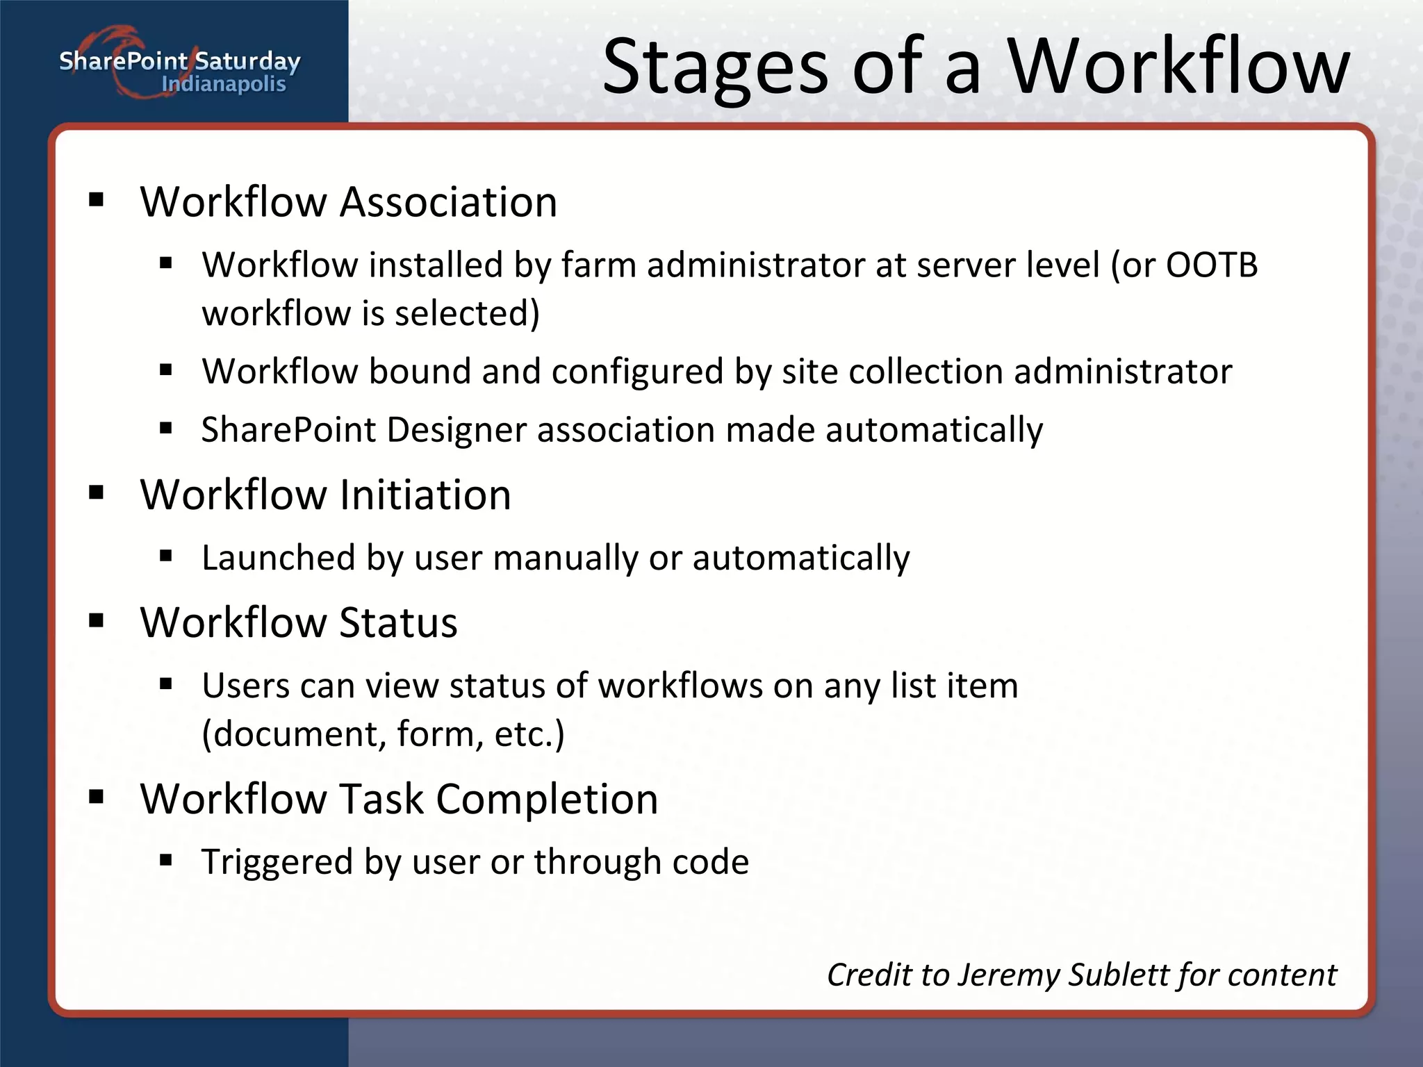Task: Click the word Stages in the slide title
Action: pos(716,68)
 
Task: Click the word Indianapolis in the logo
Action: pos(223,85)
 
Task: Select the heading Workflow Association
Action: pos(348,202)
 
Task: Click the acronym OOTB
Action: pos(1212,265)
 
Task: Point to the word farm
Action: pos(598,265)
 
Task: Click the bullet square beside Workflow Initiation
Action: pos(97,493)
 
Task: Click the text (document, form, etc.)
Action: pos(383,734)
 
